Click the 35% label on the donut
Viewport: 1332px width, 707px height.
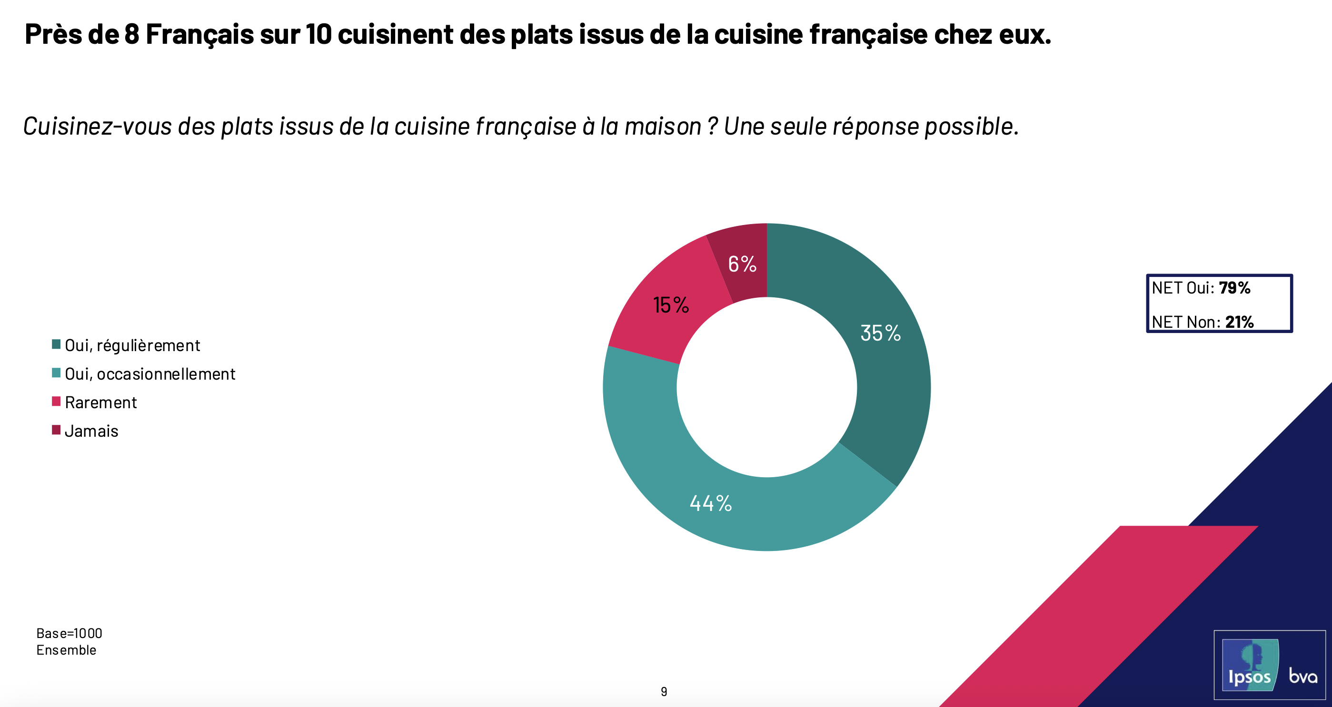click(880, 333)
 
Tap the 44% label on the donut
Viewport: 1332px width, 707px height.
click(710, 503)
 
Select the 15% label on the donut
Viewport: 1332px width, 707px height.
click(671, 305)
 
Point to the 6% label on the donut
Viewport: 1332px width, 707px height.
click(742, 264)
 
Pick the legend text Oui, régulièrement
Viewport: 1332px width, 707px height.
click(132, 345)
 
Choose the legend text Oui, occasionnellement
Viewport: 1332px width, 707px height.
click(150, 373)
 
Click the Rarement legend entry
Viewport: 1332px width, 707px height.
click(101, 403)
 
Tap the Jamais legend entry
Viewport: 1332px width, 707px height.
click(91, 431)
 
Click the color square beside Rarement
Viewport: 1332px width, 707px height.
click(56, 401)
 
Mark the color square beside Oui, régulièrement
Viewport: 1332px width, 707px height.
click(56, 344)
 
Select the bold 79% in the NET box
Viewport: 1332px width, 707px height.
click(1234, 288)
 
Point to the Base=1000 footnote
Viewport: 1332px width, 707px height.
click(70, 633)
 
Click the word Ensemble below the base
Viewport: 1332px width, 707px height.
click(66, 650)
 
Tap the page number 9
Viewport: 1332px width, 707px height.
click(664, 691)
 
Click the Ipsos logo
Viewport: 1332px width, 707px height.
click(1250, 666)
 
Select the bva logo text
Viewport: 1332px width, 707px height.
click(1302, 676)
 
